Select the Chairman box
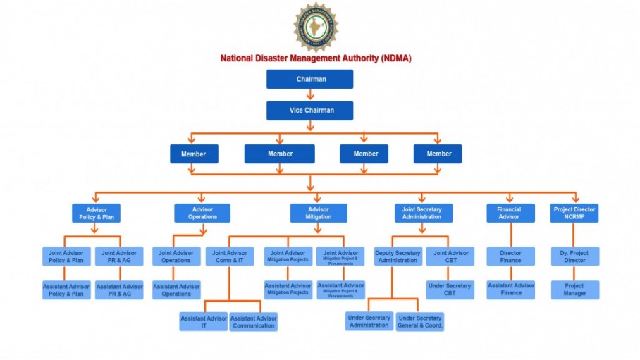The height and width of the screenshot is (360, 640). coord(310,80)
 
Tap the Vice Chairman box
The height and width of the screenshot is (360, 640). coord(310,111)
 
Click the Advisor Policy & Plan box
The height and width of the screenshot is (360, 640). coord(96,213)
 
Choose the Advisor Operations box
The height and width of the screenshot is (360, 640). coord(202,213)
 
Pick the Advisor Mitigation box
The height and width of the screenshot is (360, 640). coord(319,213)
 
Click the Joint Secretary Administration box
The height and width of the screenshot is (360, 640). coord(421,213)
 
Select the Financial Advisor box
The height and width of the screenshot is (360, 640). coord(510,213)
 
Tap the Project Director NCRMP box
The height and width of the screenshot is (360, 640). coord(574,213)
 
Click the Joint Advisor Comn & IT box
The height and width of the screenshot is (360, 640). coord(229,256)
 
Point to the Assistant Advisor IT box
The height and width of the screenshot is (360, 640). coord(203,322)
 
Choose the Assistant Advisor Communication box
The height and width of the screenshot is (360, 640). coord(253,322)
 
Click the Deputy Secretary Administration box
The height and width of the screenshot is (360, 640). coord(398,256)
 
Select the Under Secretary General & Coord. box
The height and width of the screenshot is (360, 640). coord(420,321)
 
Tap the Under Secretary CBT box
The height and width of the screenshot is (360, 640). coord(449,290)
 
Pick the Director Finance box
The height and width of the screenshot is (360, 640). coord(510,256)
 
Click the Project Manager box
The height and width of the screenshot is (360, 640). coord(574,290)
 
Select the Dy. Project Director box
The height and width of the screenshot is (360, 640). coord(574,256)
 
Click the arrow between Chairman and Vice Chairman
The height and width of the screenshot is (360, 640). coord(310,95)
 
